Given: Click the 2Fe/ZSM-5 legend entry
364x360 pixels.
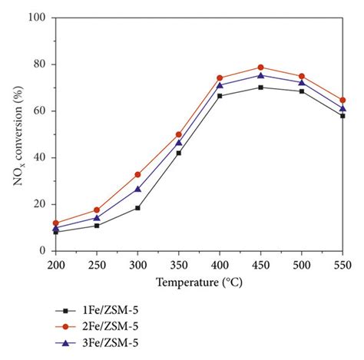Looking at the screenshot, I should coord(100,326).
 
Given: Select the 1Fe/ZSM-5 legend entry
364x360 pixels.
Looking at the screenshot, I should coord(100,311).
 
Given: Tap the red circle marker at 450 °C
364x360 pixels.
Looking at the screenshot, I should coord(260,68).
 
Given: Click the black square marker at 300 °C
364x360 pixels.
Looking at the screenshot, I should coord(137,208).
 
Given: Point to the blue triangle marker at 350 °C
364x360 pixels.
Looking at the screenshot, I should coord(178,143).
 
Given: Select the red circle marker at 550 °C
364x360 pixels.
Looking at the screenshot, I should coord(342,100).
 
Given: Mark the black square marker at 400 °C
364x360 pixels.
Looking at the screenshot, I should coord(220,96).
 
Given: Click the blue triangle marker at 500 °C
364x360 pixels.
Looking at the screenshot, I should coord(302,83).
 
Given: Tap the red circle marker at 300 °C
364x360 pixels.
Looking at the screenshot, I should coord(137,174).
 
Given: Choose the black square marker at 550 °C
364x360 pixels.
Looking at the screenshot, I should coord(342,116).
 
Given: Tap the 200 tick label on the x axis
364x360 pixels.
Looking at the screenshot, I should coord(55,263).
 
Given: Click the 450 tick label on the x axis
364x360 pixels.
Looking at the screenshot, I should coord(260,263).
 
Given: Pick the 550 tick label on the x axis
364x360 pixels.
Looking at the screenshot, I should coord(342,263).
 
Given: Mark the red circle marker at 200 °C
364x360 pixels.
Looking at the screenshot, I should coord(55,223).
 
